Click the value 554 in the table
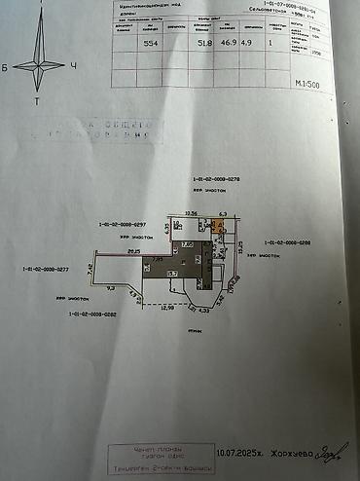[x=151, y=42]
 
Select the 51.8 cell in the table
[x=204, y=42]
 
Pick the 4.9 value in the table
[x=245, y=42]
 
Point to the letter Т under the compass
[x=37, y=100]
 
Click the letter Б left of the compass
[x=5, y=67]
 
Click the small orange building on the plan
[x=220, y=227]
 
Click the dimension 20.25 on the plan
[x=132, y=250]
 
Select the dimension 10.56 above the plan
[x=192, y=211]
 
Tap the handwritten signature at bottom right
[x=332, y=450]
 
